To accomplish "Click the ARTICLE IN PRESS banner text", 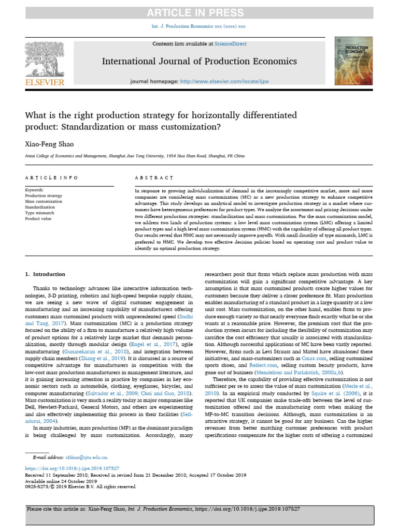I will [199, 13].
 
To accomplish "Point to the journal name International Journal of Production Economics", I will [199, 62].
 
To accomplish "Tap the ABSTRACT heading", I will [153, 178].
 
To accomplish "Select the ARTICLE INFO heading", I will [51, 178].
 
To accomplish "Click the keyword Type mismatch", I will [39, 213].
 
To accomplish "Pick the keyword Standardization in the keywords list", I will [41, 208].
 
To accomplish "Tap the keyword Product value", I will [38, 219].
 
